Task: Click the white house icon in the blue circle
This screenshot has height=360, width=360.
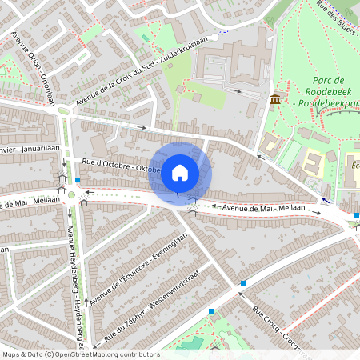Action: tap(180, 172)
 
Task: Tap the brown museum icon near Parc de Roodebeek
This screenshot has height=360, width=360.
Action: tap(275, 98)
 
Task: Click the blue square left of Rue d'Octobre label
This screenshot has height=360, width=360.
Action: tap(78, 180)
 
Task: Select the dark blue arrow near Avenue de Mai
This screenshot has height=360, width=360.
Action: tap(325, 200)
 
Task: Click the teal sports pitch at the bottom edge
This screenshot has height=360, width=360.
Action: tap(192, 345)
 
